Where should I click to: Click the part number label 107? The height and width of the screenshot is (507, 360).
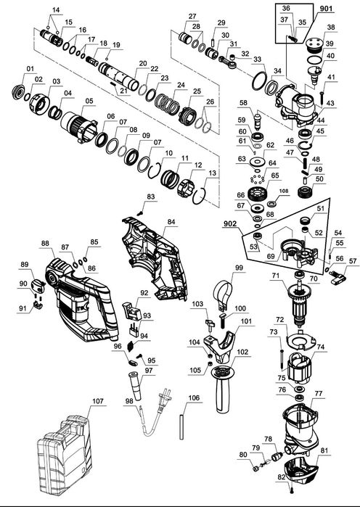tap(98, 401)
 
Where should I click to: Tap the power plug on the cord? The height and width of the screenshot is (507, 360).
tap(164, 400)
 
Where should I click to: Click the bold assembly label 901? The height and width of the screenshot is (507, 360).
tap(326, 9)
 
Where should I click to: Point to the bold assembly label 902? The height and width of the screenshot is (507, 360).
tap(229, 223)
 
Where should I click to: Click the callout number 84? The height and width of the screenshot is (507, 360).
tap(171, 221)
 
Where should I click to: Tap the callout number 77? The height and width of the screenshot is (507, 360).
tap(319, 394)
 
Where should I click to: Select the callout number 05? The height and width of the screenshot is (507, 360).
tap(89, 101)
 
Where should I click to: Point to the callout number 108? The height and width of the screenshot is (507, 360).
tap(284, 191)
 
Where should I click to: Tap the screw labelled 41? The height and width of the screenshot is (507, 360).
tap(322, 96)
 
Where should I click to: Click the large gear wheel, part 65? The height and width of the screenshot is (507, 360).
tap(258, 194)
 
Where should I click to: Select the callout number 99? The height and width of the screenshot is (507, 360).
tap(239, 268)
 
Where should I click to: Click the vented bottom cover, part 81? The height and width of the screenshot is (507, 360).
tap(300, 471)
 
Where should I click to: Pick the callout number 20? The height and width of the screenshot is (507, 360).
tap(143, 63)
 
